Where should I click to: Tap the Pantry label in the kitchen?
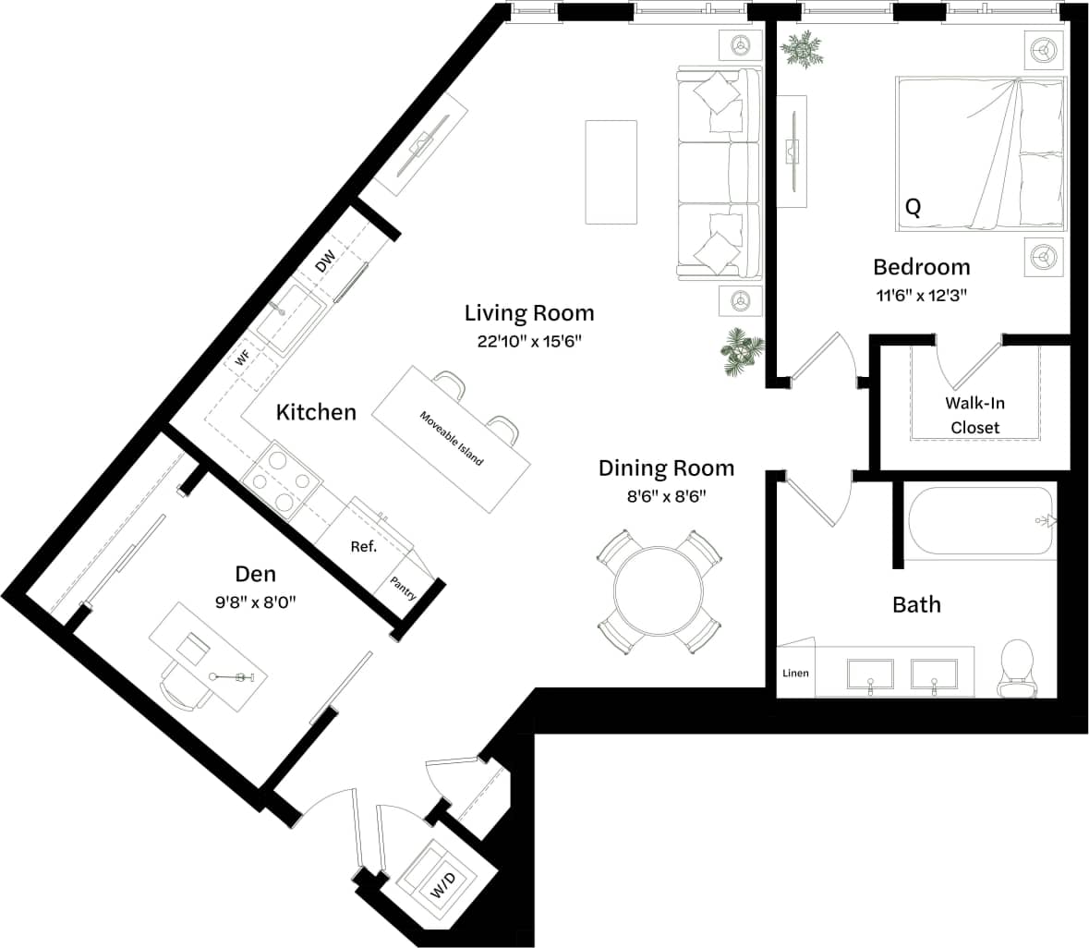pyautogui.click(x=404, y=589)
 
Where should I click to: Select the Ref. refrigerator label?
pyautogui.click(x=364, y=547)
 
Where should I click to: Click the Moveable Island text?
pyautogui.click(x=452, y=438)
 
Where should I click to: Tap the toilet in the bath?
pyautogui.click(x=1018, y=667)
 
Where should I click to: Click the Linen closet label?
pyautogui.click(x=795, y=673)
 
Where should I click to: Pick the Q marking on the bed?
pyautogui.click(x=913, y=208)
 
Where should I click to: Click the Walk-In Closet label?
pyautogui.click(x=975, y=416)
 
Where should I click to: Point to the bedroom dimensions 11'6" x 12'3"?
pyautogui.click(x=922, y=297)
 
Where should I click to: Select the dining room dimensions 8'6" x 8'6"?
pyautogui.click(x=666, y=496)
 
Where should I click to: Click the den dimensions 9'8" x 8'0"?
pyautogui.click(x=255, y=602)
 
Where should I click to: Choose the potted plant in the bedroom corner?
pyautogui.click(x=801, y=49)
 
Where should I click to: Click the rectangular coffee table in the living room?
pyautogui.click(x=611, y=172)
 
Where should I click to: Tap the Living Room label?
pyautogui.click(x=528, y=312)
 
